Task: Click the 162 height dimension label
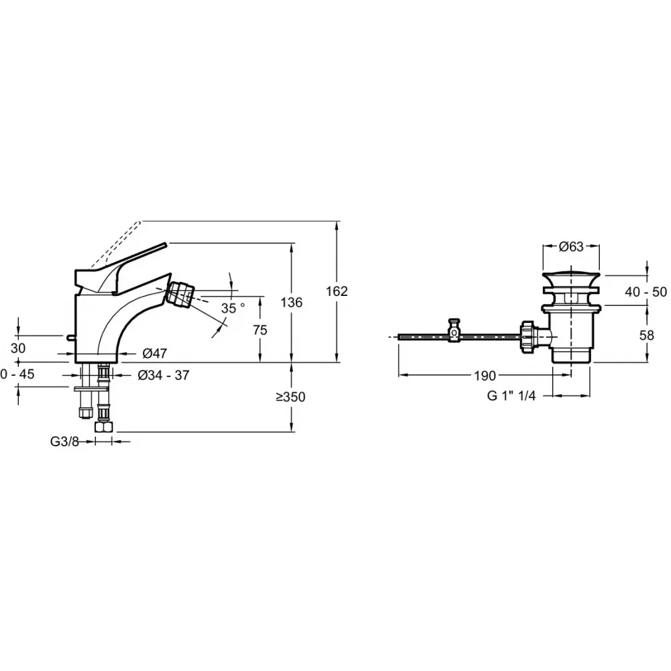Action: pyautogui.click(x=337, y=291)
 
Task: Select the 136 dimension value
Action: pyautogui.click(x=291, y=303)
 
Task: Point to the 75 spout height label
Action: pyautogui.click(x=260, y=330)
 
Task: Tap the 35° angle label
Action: pyautogui.click(x=233, y=308)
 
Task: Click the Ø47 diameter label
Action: pyautogui.click(x=154, y=353)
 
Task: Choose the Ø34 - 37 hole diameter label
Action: pyautogui.click(x=164, y=375)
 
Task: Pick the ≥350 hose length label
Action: pyautogui.click(x=291, y=397)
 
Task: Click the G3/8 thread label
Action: pyautogui.click(x=64, y=442)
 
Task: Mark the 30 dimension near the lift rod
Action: pyautogui.click(x=18, y=348)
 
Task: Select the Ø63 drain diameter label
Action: pyautogui.click(x=571, y=246)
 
